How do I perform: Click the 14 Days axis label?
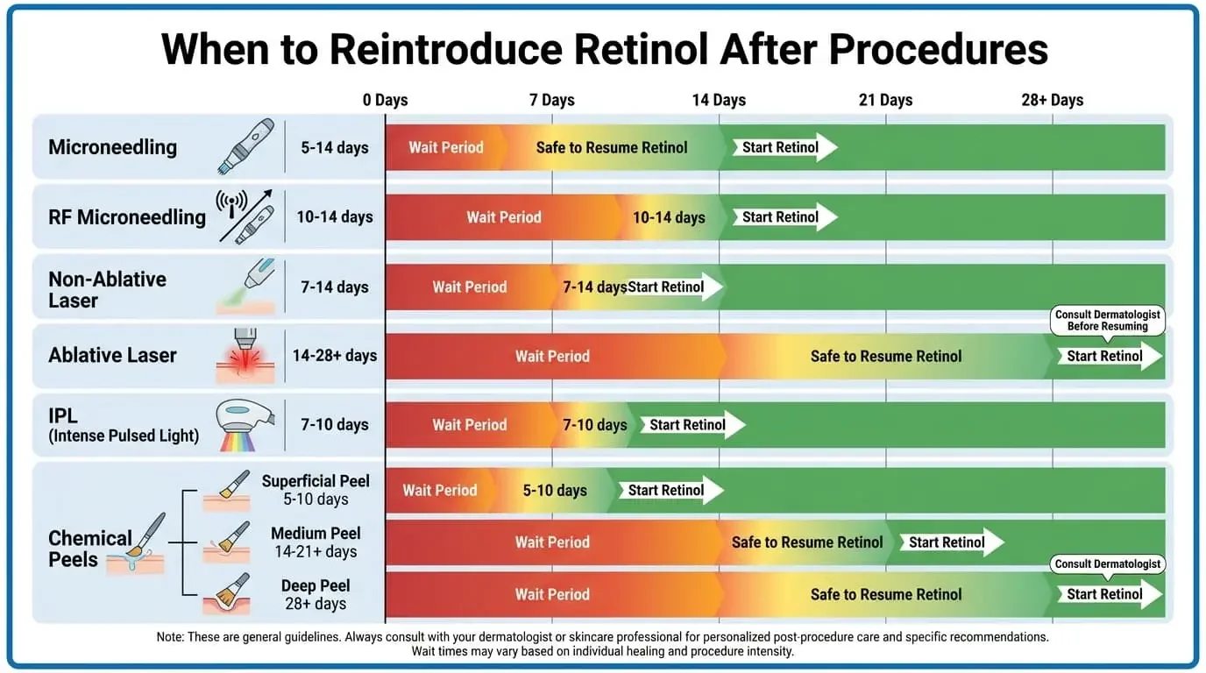coord(718,100)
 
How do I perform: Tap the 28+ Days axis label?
coord(1052,100)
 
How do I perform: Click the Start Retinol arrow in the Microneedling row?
coord(784,147)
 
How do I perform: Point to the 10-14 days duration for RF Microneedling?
coord(334,216)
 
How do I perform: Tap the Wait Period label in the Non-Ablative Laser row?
coord(469,287)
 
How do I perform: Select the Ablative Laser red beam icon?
coord(245,355)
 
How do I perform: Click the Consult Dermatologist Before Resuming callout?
coord(1107,320)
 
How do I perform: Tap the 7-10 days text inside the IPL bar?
coord(594,425)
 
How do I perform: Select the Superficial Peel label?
coord(316,481)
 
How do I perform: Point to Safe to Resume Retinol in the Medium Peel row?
coord(806,542)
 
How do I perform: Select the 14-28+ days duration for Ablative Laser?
coord(334,355)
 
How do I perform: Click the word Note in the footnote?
coord(170,637)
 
